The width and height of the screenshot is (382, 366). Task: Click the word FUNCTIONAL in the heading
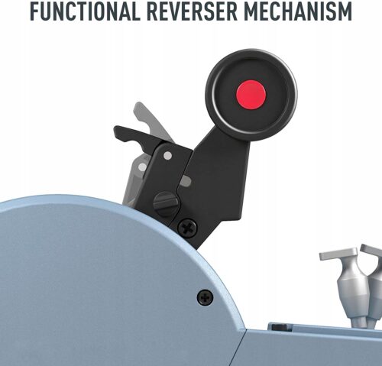point(86,11)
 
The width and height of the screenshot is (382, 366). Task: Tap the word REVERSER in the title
point(192,11)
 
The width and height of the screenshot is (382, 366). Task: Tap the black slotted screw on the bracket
point(167,204)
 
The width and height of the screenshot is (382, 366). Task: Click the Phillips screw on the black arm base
point(187,228)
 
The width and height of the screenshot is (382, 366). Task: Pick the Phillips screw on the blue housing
point(206,297)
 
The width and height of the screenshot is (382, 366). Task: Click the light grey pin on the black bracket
point(167,156)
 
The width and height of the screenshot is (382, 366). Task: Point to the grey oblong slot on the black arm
point(186,180)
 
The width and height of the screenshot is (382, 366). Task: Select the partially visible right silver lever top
point(372,251)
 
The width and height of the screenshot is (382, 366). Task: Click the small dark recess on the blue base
point(280,327)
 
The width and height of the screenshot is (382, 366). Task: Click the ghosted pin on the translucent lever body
point(142,167)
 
